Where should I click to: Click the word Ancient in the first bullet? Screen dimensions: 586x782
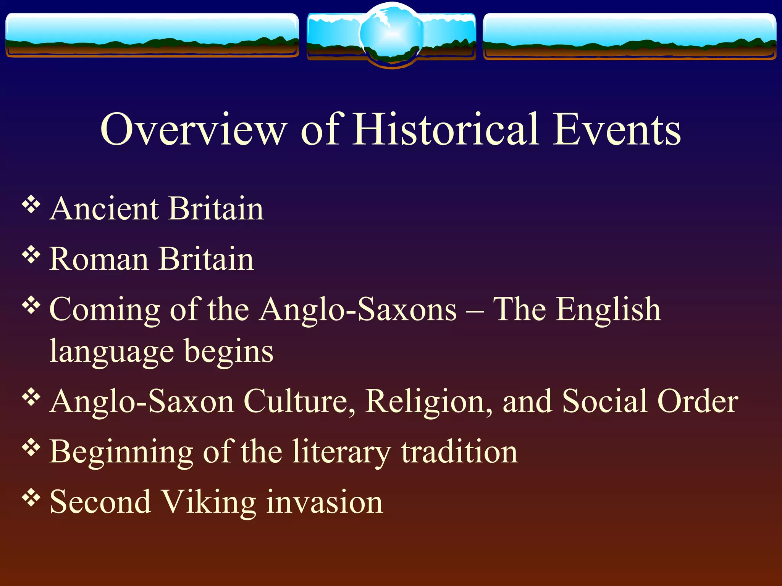click(104, 209)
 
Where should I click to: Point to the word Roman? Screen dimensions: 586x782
click(99, 259)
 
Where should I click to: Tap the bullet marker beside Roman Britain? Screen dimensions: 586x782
click(31, 254)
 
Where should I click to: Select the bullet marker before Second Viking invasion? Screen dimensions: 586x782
click(31, 497)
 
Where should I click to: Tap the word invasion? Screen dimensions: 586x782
click(325, 502)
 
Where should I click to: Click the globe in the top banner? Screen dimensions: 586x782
click(391, 35)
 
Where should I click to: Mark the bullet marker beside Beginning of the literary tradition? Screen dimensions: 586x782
click(31, 447)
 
